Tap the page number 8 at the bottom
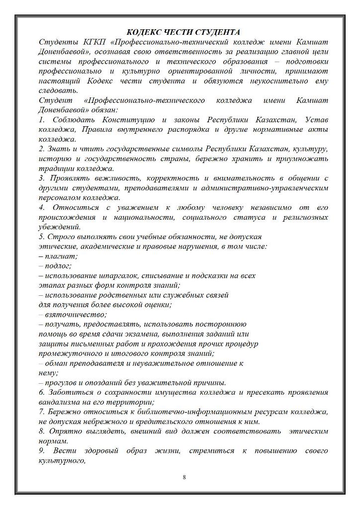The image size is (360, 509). (184, 478)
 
